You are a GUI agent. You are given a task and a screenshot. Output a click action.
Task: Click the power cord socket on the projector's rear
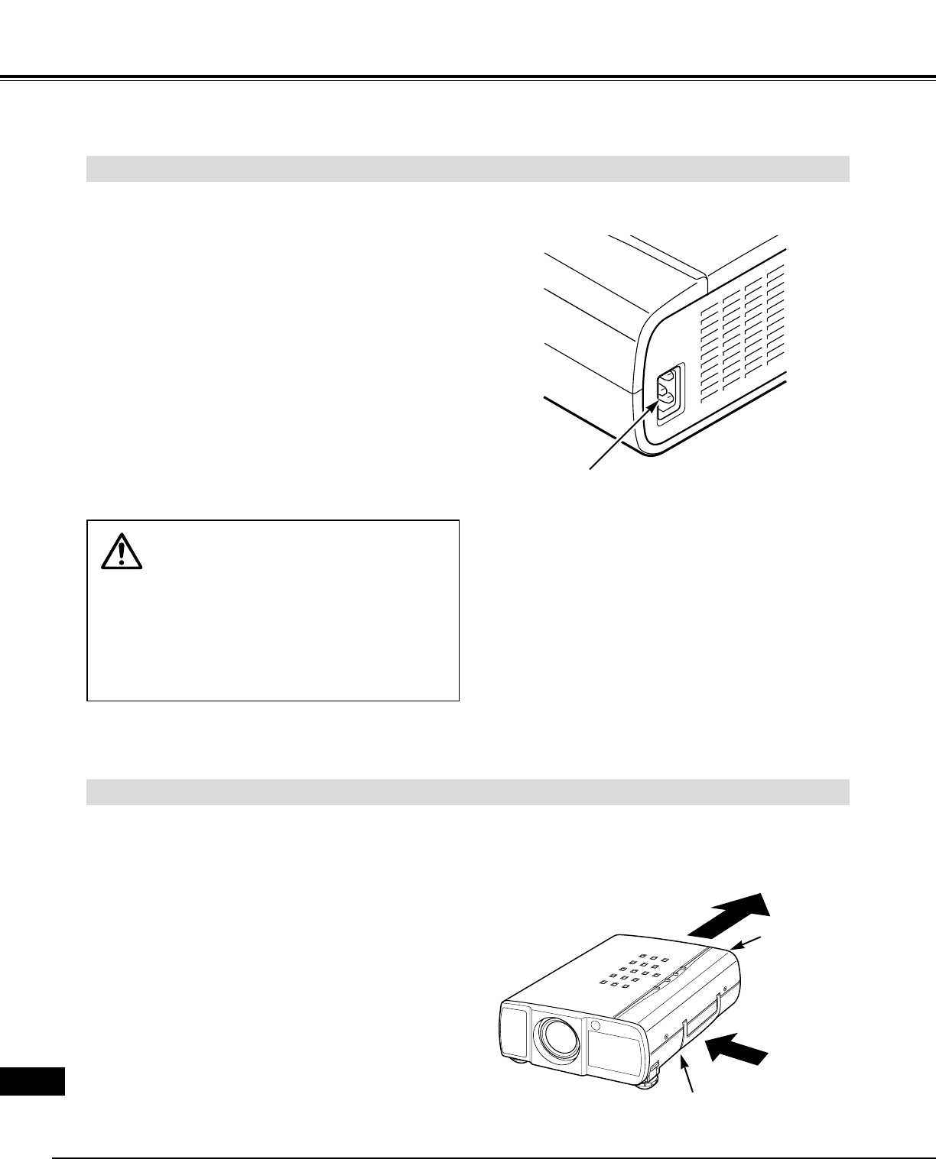667,393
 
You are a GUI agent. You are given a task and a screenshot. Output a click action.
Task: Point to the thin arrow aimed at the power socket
621,434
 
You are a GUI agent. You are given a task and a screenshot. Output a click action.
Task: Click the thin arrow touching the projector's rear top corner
749,941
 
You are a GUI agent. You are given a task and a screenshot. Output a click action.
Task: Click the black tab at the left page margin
32,1083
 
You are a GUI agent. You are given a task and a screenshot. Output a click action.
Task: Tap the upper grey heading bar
468,169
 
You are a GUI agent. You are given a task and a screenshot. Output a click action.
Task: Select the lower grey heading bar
468,792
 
